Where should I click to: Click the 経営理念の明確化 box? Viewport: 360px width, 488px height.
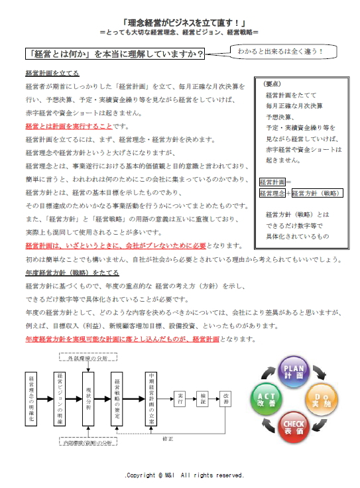[x=32, y=394]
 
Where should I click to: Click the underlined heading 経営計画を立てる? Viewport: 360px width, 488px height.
[x=52, y=73]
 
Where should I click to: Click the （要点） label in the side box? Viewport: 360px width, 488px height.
[x=272, y=84]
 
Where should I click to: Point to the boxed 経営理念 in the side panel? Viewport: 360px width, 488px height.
[x=271, y=194]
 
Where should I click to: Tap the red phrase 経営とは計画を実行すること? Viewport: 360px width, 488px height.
[x=68, y=126]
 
